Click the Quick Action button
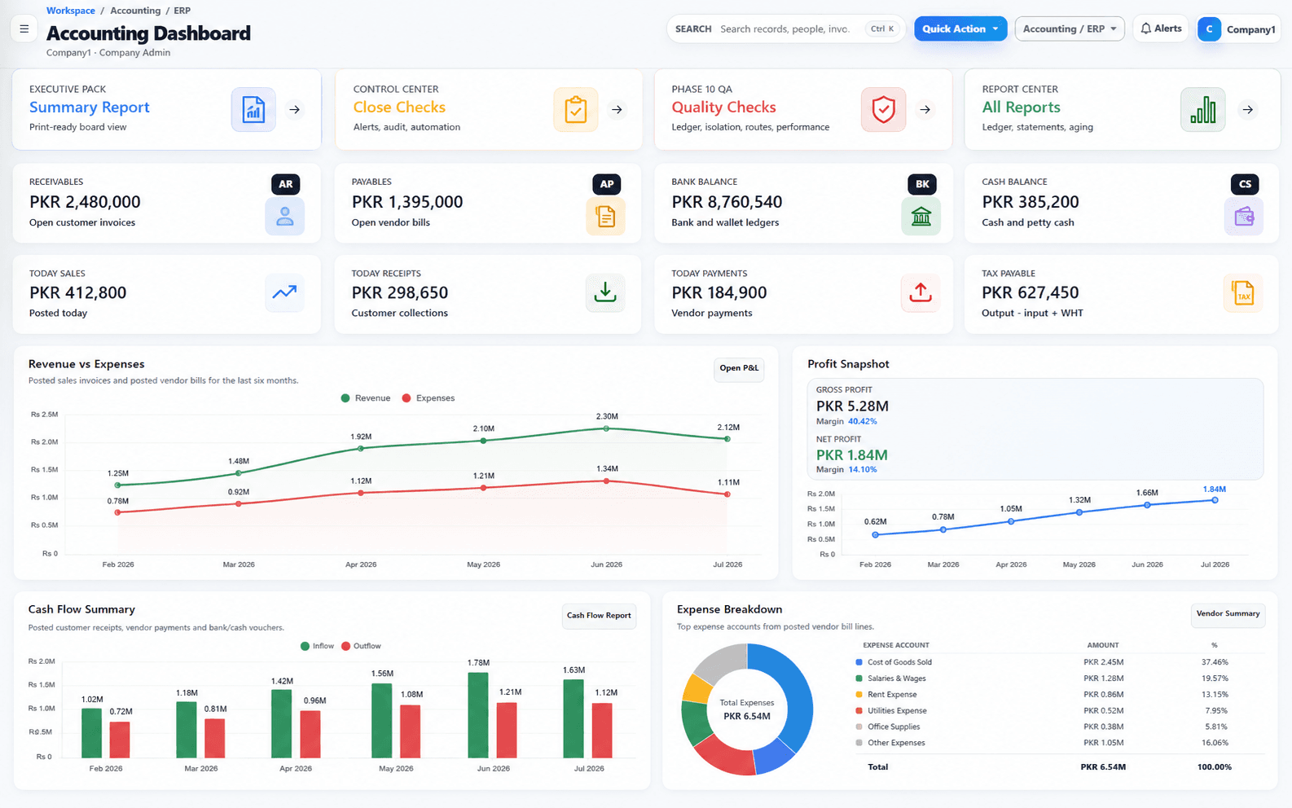[x=960, y=29]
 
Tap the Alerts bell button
[x=1161, y=29]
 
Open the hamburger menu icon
[x=24, y=29]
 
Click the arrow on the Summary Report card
[x=295, y=110]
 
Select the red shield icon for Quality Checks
[x=883, y=110]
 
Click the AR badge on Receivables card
[x=285, y=184]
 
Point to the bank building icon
[x=921, y=217]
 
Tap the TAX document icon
[x=1243, y=293]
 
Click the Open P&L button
[x=739, y=368]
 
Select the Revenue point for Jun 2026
[x=606, y=428]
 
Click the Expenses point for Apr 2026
[x=361, y=493]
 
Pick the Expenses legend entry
[x=428, y=398]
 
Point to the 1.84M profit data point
[x=1215, y=500]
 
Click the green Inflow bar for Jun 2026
[x=478, y=715]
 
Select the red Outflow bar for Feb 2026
[x=120, y=740]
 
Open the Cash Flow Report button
[x=599, y=616]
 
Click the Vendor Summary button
[x=1228, y=614]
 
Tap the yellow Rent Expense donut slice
[x=697, y=689]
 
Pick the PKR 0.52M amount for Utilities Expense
[x=1103, y=710]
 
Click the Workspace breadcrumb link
[x=70, y=11]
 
